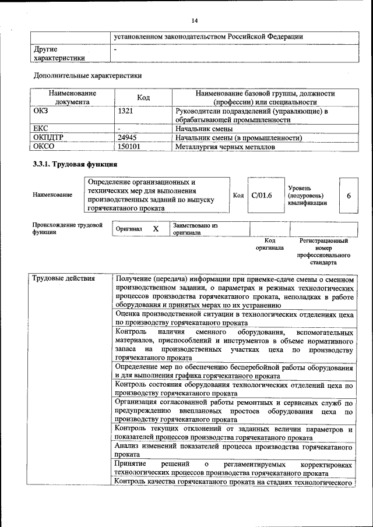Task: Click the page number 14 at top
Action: tap(195, 21)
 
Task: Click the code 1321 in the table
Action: tap(127, 111)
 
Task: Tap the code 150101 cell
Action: tap(129, 147)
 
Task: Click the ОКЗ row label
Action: tap(42, 111)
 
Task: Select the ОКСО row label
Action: tap(44, 147)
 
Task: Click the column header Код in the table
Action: tap(143, 97)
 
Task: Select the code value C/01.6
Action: tap(262, 195)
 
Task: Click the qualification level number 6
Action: tap(349, 196)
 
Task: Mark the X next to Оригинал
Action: tap(156, 229)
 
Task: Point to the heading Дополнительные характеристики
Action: tap(87, 75)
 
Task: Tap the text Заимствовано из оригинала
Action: tap(195, 228)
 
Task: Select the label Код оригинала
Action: tap(269, 243)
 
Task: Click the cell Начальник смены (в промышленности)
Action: tap(238, 138)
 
